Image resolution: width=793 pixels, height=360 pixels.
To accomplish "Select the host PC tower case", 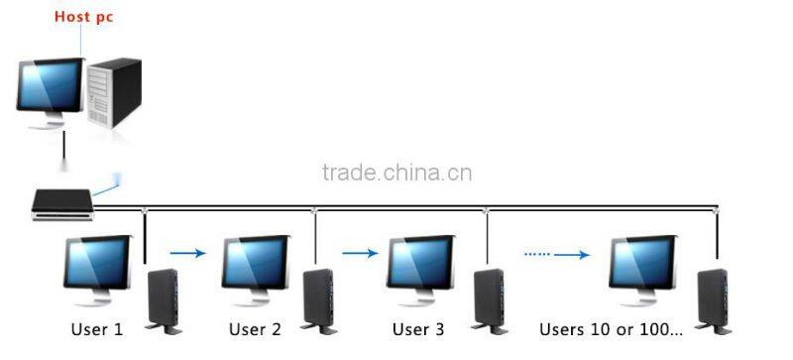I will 114,91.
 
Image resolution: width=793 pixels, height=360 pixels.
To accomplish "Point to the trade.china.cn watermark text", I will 396,174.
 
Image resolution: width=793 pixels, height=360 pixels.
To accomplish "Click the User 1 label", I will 96,328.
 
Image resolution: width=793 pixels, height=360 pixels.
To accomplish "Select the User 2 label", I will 255,328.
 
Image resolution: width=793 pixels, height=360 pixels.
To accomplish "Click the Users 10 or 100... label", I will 611,328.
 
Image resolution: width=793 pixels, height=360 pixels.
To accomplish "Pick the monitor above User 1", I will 96,266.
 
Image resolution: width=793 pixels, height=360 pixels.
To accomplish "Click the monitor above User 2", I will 255,266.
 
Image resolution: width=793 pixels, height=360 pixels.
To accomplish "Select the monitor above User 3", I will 420,266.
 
